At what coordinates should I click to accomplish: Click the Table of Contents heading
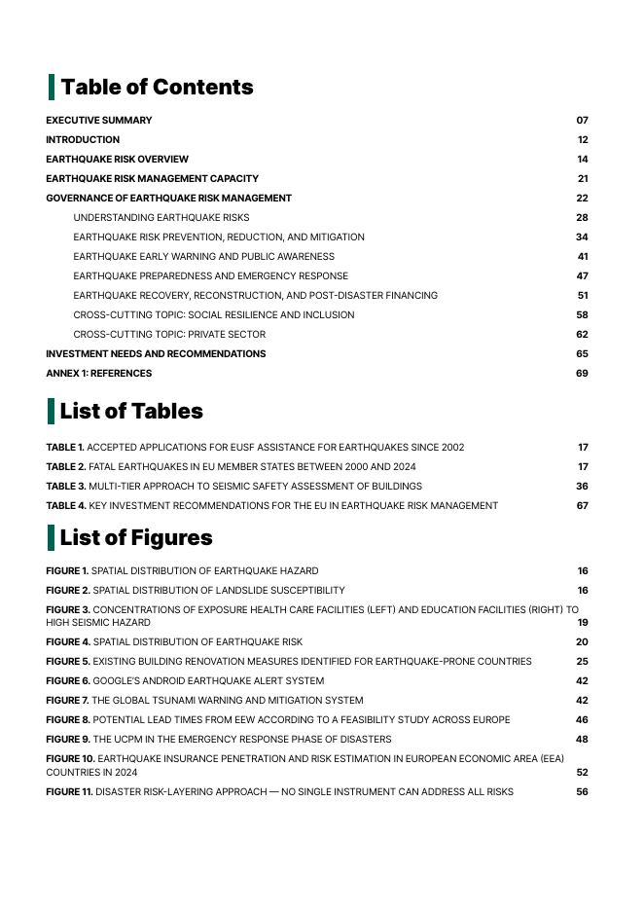[x=157, y=87]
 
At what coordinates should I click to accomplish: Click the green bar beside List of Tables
[x=51, y=411]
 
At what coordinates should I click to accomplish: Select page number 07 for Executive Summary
[x=582, y=121]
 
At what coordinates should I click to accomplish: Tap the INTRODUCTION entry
[x=83, y=140]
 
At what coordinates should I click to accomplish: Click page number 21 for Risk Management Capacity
[x=583, y=179]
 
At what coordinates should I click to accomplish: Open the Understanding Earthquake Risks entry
[x=161, y=218]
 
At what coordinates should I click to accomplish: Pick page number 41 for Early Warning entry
[x=583, y=257]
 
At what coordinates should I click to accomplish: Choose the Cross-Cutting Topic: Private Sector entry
[x=168, y=335]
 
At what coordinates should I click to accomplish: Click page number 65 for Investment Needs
[x=582, y=354]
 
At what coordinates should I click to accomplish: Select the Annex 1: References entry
[x=98, y=374]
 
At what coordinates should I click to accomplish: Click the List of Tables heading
[x=131, y=411]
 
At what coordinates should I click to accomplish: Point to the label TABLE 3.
[x=65, y=487]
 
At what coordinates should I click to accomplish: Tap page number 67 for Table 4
[x=582, y=506]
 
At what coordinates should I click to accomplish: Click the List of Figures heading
[x=135, y=537]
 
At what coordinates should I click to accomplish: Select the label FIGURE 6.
[x=68, y=681]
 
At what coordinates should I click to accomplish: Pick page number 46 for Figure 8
[x=582, y=720]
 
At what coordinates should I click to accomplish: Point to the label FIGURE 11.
[x=69, y=792]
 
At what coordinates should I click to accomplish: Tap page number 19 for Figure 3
[x=583, y=623]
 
